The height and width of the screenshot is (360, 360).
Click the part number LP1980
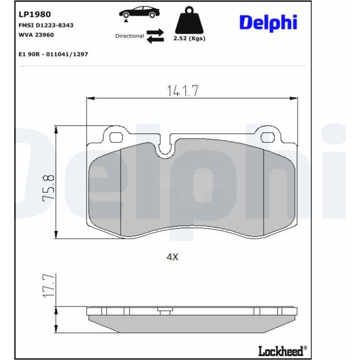tap(35, 14)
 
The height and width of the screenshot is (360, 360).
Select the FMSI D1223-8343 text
tap(46, 25)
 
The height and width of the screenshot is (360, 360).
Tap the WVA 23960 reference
tap(36, 35)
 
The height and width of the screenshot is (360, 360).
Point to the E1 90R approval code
tap(53, 54)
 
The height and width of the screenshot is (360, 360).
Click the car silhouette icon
tap(139, 12)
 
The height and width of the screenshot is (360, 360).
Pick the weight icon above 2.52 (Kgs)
tap(189, 20)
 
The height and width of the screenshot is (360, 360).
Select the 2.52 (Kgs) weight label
tap(189, 38)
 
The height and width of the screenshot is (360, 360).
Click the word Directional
tap(130, 36)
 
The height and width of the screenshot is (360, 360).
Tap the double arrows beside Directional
tap(155, 36)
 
